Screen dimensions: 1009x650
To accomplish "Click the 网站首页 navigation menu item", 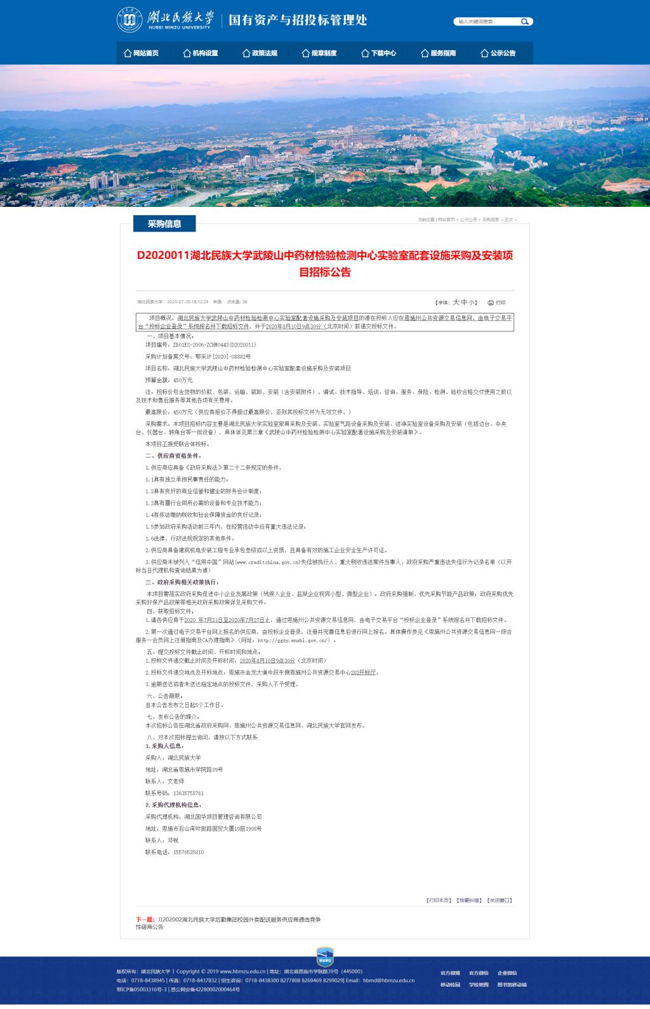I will tap(142, 53).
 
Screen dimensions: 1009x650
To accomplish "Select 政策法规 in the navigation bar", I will tap(260, 53).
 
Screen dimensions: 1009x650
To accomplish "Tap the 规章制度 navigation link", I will tap(320, 53).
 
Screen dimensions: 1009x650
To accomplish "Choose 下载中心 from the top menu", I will tap(379, 53).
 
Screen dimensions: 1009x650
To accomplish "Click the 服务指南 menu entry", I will tap(439, 53).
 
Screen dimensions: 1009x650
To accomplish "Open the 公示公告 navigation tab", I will tap(498, 53).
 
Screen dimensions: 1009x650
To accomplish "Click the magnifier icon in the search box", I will tap(525, 22).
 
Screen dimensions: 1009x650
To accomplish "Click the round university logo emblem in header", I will tap(129, 20).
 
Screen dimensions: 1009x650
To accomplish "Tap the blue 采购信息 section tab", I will tap(164, 223).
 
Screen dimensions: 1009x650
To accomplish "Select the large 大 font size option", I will tap(455, 302).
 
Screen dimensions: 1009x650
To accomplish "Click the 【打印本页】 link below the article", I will tap(439, 900).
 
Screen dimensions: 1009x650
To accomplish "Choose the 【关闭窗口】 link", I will tap(500, 900).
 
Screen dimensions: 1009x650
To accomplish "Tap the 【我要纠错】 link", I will tap(469, 900).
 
